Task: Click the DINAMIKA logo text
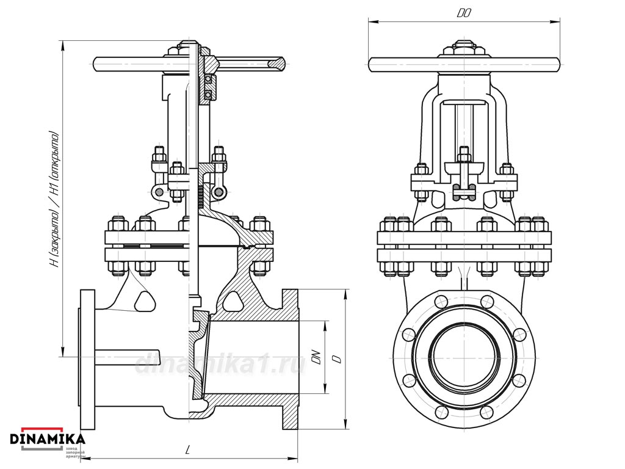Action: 47,438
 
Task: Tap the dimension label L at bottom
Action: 188,451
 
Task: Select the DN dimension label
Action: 316,357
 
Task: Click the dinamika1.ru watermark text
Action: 220,364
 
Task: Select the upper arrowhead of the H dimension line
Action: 63,43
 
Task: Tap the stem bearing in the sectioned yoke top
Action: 209,86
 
